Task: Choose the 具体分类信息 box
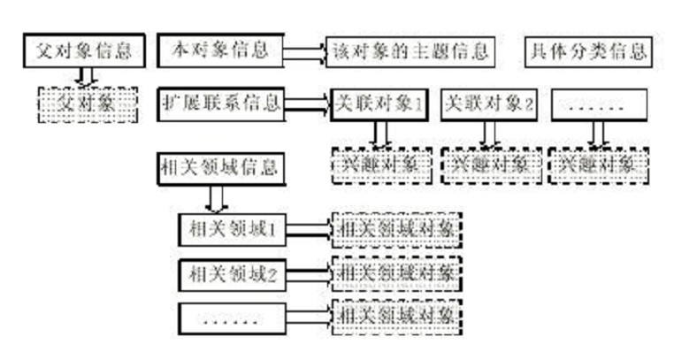(x=586, y=51)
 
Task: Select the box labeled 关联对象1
(x=379, y=104)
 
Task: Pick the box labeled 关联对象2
(x=489, y=104)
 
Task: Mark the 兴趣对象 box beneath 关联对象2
(x=490, y=165)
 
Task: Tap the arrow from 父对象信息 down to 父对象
(x=84, y=77)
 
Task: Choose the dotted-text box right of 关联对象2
(x=598, y=104)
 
